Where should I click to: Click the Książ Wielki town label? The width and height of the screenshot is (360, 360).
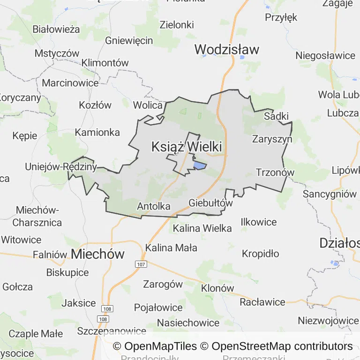coord(187,147)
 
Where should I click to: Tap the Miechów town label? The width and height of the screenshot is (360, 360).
coord(98,254)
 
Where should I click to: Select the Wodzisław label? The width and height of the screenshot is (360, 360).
coord(226,49)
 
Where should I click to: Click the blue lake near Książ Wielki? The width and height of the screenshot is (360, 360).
coord(200,165)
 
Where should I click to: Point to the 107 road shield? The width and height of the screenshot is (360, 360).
coord(141,264)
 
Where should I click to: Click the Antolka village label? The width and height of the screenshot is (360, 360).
coord(154,206)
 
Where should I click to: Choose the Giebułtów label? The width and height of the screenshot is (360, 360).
coord(210,203)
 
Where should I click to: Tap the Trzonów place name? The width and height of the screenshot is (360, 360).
coord(275,172)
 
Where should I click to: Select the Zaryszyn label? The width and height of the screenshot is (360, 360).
coord(272,139)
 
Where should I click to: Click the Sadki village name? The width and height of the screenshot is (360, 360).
coord(277,116)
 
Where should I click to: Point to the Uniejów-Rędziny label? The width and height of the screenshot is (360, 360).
coord(61,166)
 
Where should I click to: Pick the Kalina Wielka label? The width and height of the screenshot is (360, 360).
coord(202,228)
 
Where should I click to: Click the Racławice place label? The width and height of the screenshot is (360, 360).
coord(262,302)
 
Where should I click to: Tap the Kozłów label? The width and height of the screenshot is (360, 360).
coord(95,105)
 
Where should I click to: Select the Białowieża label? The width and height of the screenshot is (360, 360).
coord(56,29)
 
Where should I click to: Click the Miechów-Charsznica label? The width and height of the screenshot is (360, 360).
coord(37,216)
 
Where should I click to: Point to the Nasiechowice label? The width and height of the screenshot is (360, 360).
coord(188,322)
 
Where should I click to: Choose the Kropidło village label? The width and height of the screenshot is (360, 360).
coord(260,254)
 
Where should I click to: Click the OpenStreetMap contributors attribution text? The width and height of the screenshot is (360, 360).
coord(282,346)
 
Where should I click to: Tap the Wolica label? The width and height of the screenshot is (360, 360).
coord(148,105)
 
